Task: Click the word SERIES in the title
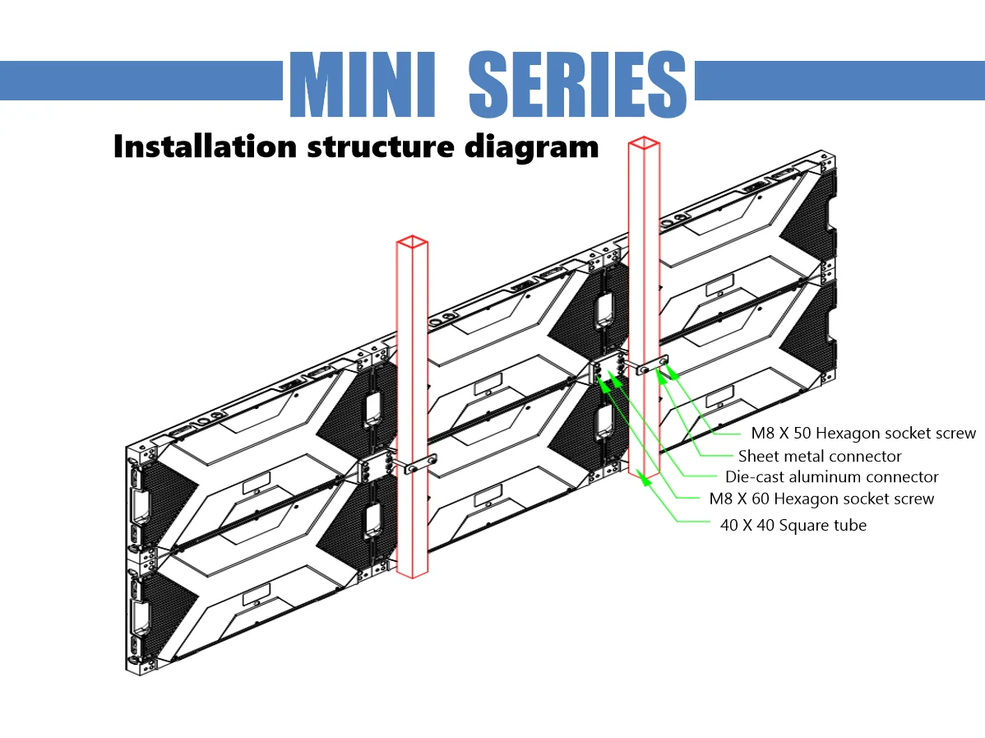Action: pos(577,86)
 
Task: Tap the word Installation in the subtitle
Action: pos(205,146)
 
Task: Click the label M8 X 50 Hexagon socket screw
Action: pos(862,433)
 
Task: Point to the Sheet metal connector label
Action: pos(820,456)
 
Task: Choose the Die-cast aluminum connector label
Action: pos(831,477)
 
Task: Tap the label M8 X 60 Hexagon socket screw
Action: pos(821,499)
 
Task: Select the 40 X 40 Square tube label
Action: pos(793,525)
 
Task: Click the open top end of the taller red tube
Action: pos(644,143)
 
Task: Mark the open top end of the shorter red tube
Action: pos(412,241)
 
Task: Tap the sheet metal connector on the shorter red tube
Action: pos(416,466)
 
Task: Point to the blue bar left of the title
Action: pos(141,81)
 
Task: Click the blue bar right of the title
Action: pos(839,81)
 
